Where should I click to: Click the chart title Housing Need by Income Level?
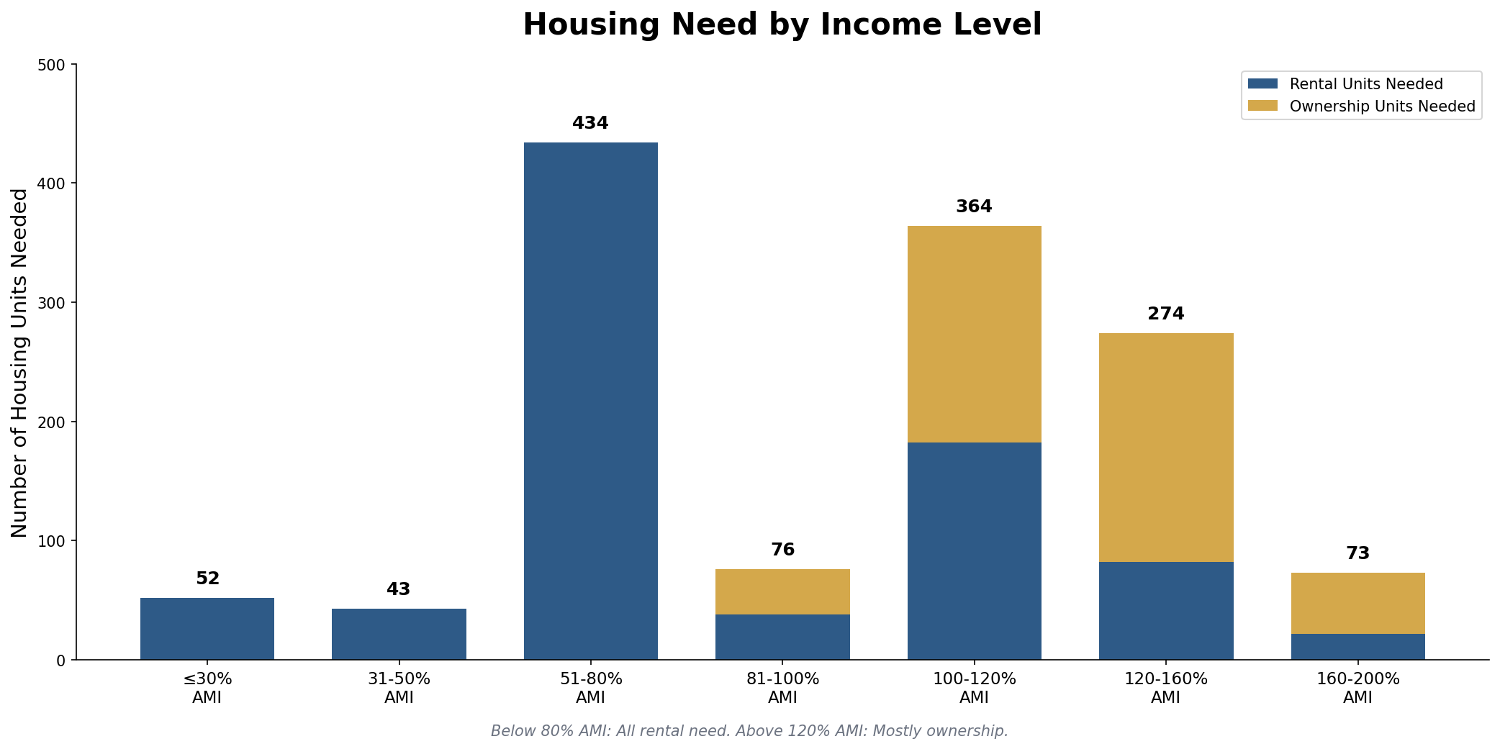pyautogui.click(x=782, y=25)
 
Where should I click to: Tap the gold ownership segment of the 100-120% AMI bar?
pyautogui.click(x=974, y=334)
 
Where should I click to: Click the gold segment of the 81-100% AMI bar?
pyautogui.click(x=782, y=591)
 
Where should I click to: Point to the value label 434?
pyautogui.click(x=590, y=124)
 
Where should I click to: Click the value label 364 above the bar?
pyautogui.click(x=974, y=207)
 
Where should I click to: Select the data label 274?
pyautogui.click(x=1165, y=314)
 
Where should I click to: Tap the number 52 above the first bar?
pyautogui.click(x=207, y=579)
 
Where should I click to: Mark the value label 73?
pyautogui.click(x=1357, y=554)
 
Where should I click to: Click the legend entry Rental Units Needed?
pyautogui.click(x=1365, y=84)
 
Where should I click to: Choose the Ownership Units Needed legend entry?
pyautogui.click(x=1382, y=106)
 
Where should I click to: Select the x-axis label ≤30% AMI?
pyautogui.click(x=207, y=688)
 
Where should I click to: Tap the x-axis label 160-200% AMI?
pyautogui.click(x=1357, y=688)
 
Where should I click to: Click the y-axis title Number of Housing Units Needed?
pyautogui.click(x=19, y=363)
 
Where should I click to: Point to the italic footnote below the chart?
pyautogui.click(x=749, y=731)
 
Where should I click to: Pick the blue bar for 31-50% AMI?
pyautogui.click(x=399, y=634)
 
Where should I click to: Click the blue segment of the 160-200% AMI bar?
pyautogui.click(x=1357, y=646)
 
